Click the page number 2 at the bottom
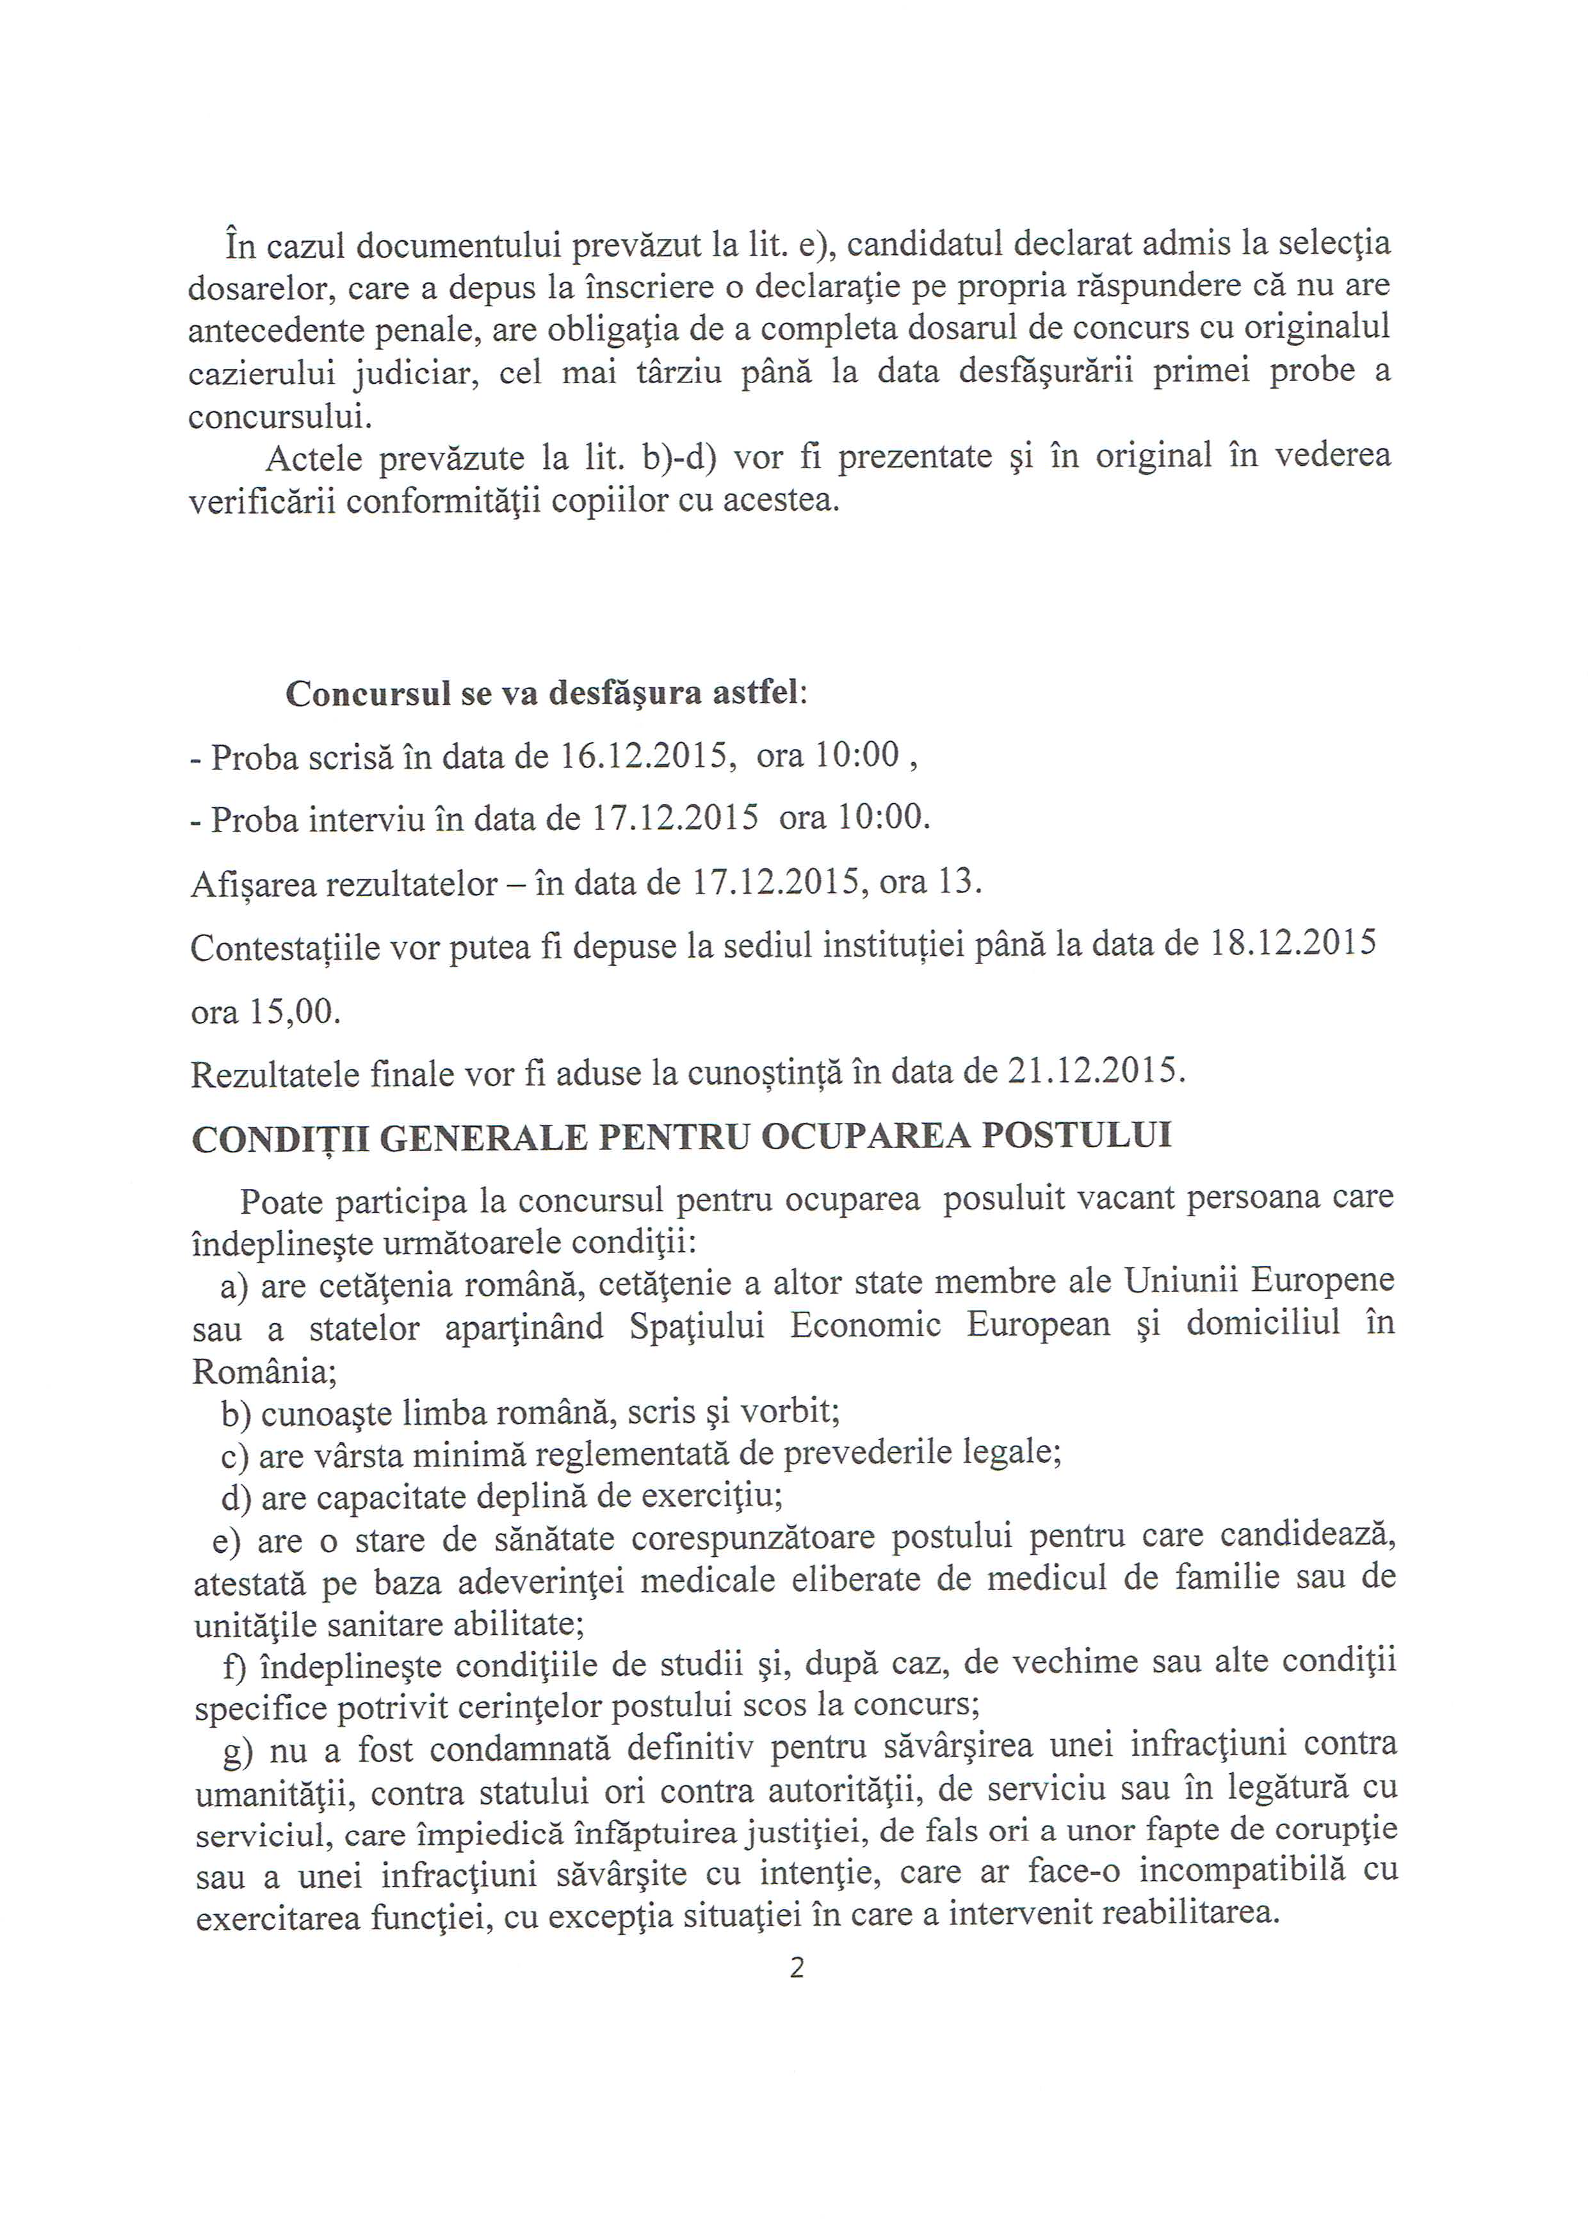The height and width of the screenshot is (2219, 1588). [796, 1968]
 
